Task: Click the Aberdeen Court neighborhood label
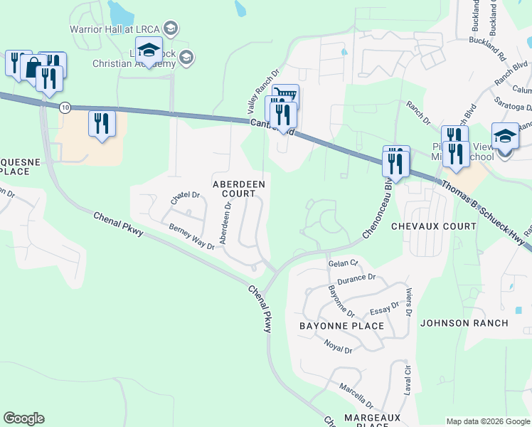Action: pos(239,189)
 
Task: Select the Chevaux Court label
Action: pos(433,226)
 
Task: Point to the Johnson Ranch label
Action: pos(464,323)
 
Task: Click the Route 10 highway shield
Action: pos(65,107)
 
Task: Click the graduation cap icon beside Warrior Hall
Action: pos(170,28)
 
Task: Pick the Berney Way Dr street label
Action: pos(191,237)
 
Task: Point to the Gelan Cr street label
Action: pos(340,263)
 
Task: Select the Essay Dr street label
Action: pos(385,311)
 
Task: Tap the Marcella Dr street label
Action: pos(356,391)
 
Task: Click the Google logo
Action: pos(23,418)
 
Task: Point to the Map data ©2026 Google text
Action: pos(487,421)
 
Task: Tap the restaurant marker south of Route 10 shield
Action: pos(102,124)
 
